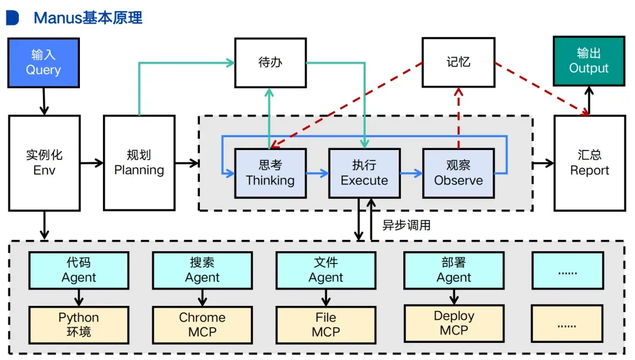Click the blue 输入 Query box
point(44,62)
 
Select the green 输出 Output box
point(589,61)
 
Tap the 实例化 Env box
point(44,163)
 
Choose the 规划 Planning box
point(139,163)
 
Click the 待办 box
point(270,62)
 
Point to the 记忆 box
point(458,62)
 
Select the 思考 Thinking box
point(270,173)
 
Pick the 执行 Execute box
point(364,173)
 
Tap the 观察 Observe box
point(458,173)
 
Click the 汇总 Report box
point(590,163)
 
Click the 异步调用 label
point(406,225)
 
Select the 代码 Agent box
point(79,271)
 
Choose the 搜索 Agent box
point(202,271)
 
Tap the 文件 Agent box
point(326,271)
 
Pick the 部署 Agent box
point(453,271)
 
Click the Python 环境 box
point(79,325)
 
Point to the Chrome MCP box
point(202,325)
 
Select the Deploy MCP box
point(453,324)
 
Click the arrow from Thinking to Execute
point(317,174)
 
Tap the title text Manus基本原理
point(88,18)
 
